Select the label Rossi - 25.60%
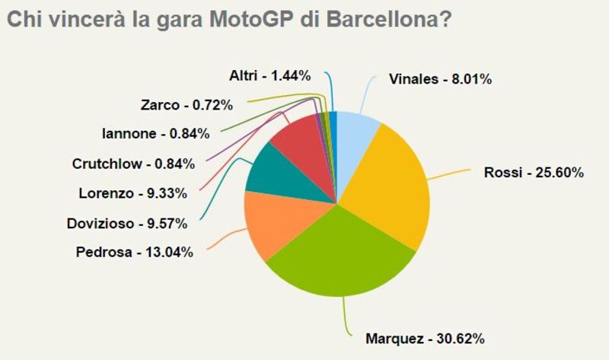[x=534, y=173]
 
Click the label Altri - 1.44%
[x=269, y=75]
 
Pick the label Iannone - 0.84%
[x=155, y=134]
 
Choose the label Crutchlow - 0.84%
[x=133, y=163]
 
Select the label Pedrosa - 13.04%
[x=134, y=251]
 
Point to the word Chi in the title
[x=24, y=21]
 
